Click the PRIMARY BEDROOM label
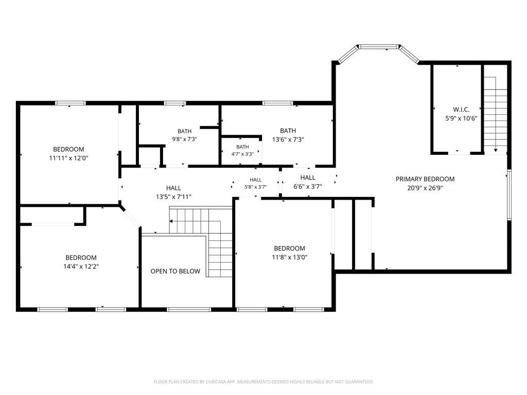[x=425, y=179]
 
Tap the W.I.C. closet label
[x=461, y=110]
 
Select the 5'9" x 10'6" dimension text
[x=461, y=118]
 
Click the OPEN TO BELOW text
[x=175, y=271]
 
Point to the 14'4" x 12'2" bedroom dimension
[x=81, y=266]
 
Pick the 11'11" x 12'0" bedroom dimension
[x=68, y=158]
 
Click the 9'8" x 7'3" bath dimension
[x=185, y=139]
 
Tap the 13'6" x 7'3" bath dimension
[x=288, y=139]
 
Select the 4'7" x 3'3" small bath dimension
[x=242, y=154]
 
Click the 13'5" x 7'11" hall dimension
[x=173, y=197]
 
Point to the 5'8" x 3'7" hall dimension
[x=255, y=187]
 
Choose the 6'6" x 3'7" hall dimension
[x=308, y=186]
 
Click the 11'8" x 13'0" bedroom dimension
[x=289, y=257]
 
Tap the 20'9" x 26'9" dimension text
[x=425, y=188]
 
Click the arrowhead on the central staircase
[x=171, y=221]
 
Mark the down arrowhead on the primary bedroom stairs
[x=496, y=150]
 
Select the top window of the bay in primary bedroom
[x=378, y=46]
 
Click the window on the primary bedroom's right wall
[x=509, y=195]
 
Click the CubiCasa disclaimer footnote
[x=263, y=382]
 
